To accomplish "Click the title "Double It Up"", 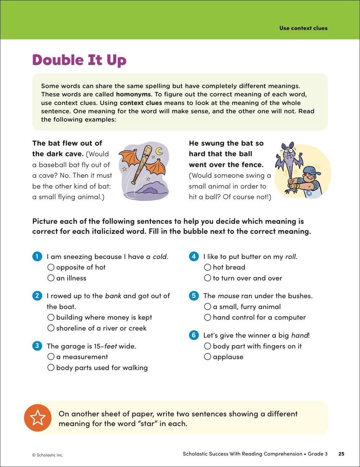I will [x=79, y=60].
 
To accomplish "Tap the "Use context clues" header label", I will [x=303, y=28].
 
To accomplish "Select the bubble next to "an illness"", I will [x=51, y=278].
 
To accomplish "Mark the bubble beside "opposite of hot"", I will [x=51, y=267].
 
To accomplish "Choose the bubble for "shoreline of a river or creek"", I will [x=51, y=328].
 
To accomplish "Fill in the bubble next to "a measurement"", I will [x=51, y=357].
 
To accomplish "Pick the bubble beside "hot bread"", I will [x=207, y=267].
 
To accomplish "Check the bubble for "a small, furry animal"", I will [x=207, y=307].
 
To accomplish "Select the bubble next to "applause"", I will [x=207, y=357].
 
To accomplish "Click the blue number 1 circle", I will [x=37, y=257].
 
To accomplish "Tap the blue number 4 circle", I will [x=194, y=257].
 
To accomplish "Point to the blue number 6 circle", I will [x=194, y=335].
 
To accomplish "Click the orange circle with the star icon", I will [x=38, y=418].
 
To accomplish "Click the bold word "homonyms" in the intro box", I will [x=133, y=95].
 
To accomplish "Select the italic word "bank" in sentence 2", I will [x=113, y=296].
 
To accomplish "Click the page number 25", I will [x=341, y=454].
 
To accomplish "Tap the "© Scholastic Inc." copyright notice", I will [x=48, y=455].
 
